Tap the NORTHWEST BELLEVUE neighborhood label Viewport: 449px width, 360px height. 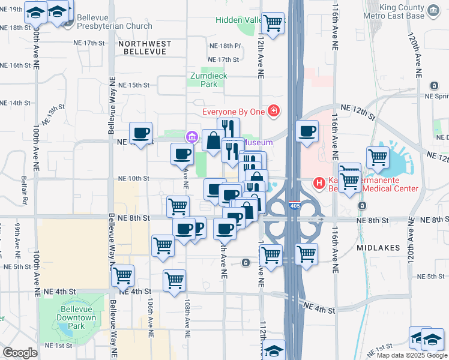pyautogui.click(x=144, y=48)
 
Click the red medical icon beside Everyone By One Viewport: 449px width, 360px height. pyautogui.click(x=274, y=111)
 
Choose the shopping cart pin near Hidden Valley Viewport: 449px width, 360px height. pyautogui.click(x=273, y=24)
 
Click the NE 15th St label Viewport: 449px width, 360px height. pyautogui.click(x=133, y=85)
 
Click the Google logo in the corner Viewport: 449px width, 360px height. pyautogui.click(x=20, y=353)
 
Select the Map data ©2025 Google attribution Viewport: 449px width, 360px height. pyautogui.click(x=411, y=355)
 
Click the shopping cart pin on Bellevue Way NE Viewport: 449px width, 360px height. pyautogui.click(x=123, y=275)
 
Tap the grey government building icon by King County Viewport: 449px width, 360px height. pyautogui.click(x=433, y=9)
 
